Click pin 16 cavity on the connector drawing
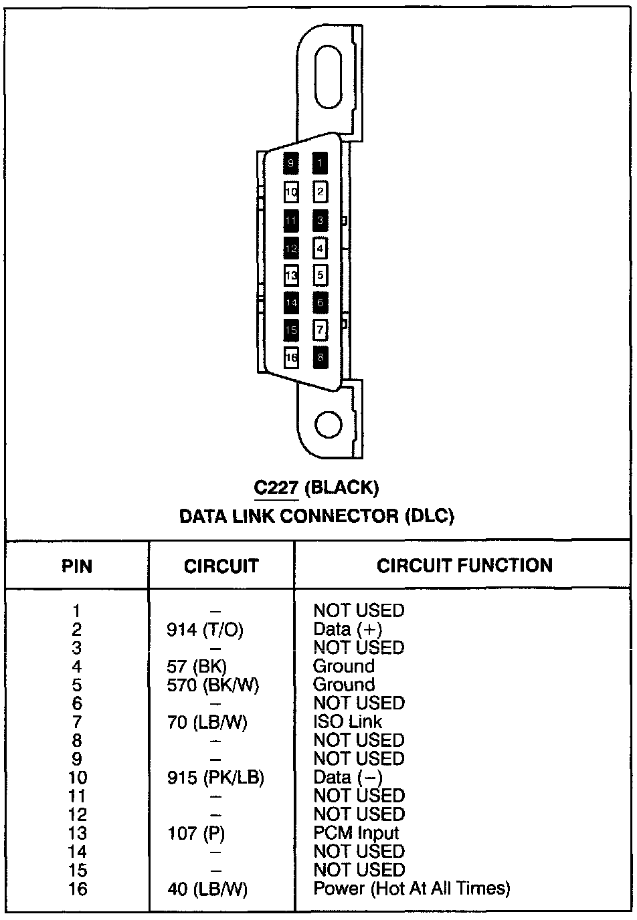(291, 358)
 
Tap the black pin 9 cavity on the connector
(291, 162)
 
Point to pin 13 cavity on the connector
(291, 275)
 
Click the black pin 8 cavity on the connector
(321, 358)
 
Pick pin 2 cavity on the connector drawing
(321, 193)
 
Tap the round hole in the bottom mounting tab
(329, 425)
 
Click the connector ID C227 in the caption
(276, 487)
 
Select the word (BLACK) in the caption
(341, 487)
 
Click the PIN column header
(77, 566)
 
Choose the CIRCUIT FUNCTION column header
(464, 566)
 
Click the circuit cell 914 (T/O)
(205, 630)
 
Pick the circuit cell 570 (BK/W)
(213, 685)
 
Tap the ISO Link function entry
(348, 722)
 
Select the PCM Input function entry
(356, 833)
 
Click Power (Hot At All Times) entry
(412, 889)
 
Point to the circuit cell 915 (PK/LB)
(215, 778)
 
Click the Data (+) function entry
(347, 630)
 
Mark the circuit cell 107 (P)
(195, 834)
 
